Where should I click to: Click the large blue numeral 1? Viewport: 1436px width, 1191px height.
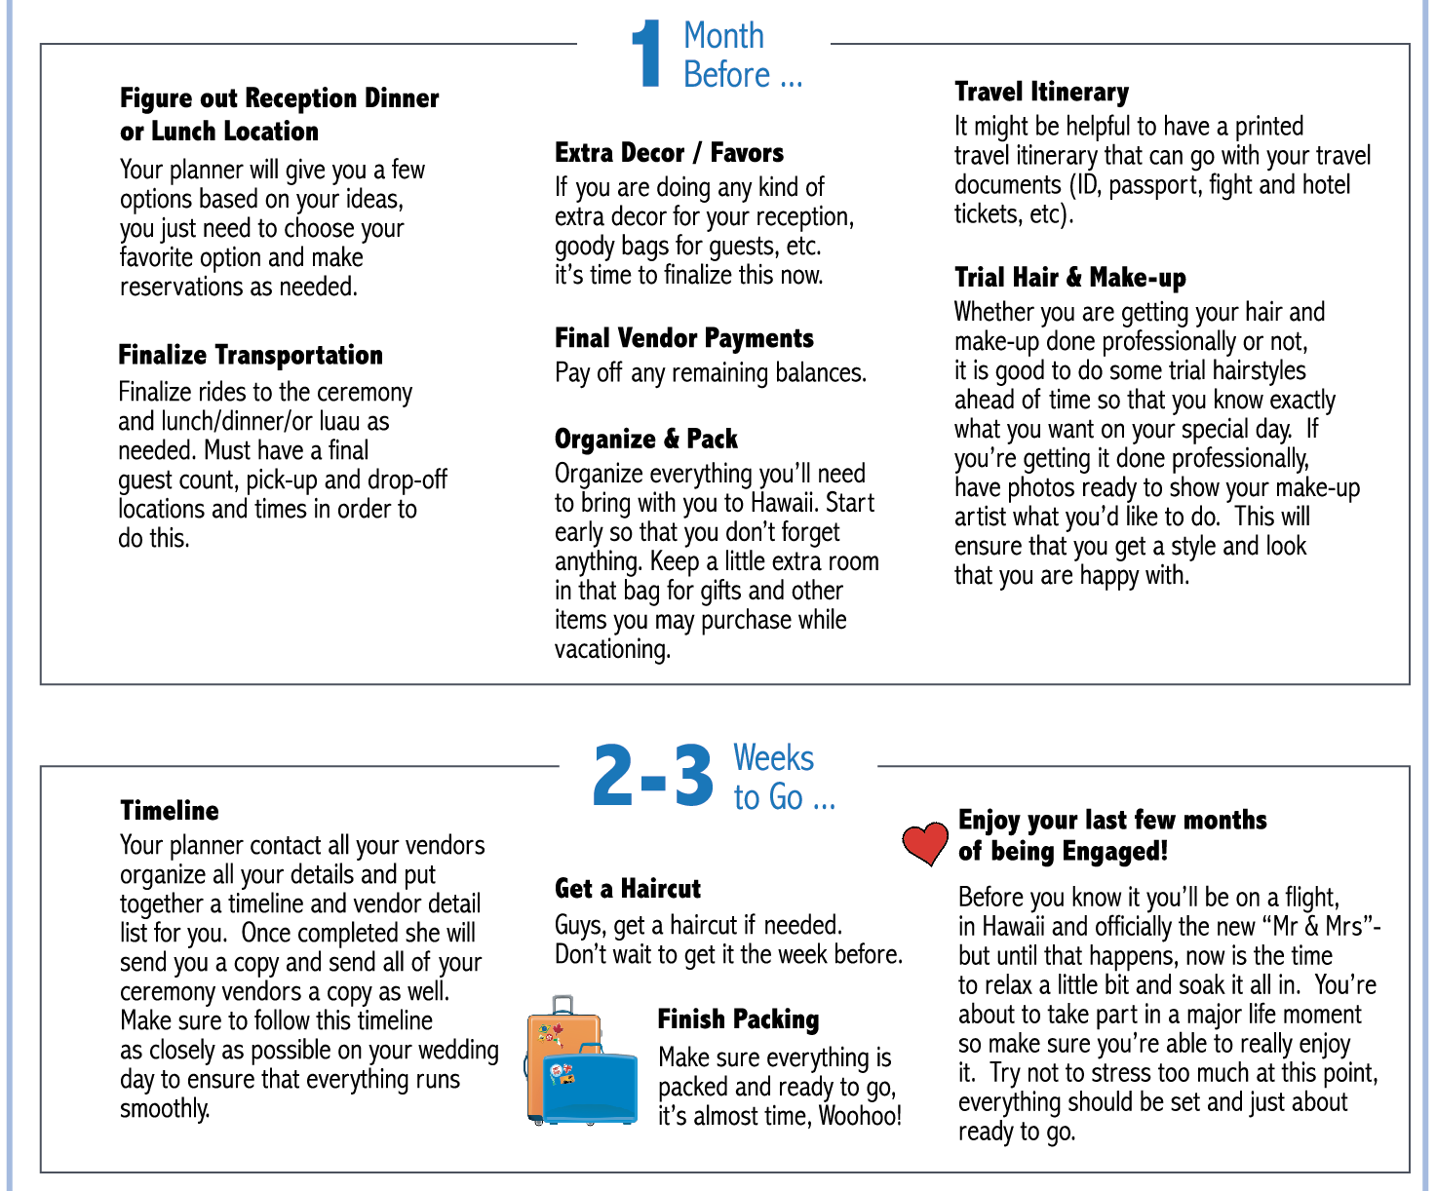(x=646, y=55)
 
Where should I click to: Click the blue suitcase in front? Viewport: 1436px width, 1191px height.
(x=589, y=1084)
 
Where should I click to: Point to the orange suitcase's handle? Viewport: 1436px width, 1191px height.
(x=563, y=1005)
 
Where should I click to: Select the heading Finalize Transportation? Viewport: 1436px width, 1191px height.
(x=251, y=355)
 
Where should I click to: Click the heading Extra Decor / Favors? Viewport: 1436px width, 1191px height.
(x=669, y=153)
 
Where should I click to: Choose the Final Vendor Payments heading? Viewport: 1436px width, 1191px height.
(x=683, y=338)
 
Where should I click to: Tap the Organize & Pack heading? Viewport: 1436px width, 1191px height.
(x=645, y=439)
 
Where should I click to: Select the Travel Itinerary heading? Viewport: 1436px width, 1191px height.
(x=1041, y=92)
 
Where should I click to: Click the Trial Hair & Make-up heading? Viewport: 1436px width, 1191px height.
(x=1069, y=278)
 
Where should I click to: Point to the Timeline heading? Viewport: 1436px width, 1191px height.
(x=170, y=811)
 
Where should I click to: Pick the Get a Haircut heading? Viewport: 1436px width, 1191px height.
(x=627, y=889)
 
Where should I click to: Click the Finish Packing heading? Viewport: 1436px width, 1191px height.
(x=738, y=1019)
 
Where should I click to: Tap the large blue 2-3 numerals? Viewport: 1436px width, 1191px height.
(x=652, y=777)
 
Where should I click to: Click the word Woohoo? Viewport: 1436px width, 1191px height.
(x=860, y=1116)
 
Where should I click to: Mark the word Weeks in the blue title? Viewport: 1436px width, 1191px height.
(x=773, y=758)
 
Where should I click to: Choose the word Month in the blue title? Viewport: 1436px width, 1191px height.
(x=723, y=36)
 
